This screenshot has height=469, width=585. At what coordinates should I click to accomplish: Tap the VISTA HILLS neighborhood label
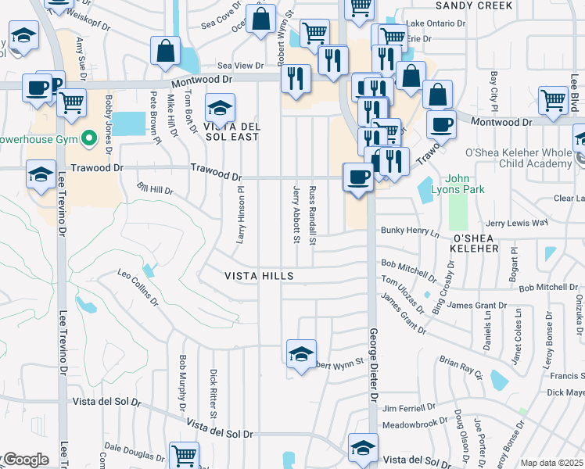(259, 276)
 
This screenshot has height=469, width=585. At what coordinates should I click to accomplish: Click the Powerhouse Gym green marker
(89, 139)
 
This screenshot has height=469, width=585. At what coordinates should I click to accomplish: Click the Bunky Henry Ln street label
(411, 231)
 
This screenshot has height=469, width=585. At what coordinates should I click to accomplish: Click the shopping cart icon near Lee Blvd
(553, 99)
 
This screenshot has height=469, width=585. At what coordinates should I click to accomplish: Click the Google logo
(24, 460)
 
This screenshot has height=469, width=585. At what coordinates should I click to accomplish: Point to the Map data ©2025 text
(551, 463)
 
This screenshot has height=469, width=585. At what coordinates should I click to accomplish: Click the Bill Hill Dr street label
(155, 189)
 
